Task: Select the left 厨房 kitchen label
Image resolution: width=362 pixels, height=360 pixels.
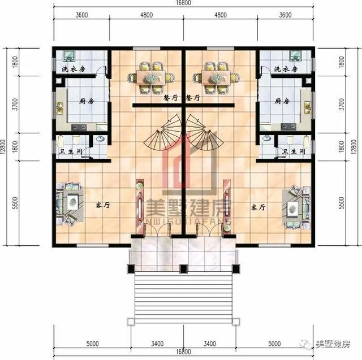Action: coord(86,102)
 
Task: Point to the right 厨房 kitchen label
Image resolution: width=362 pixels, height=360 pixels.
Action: coord(281,102)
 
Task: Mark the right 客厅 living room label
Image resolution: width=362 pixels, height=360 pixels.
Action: coord(258,207)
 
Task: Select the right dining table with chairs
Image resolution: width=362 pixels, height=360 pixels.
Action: coord(214,77)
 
